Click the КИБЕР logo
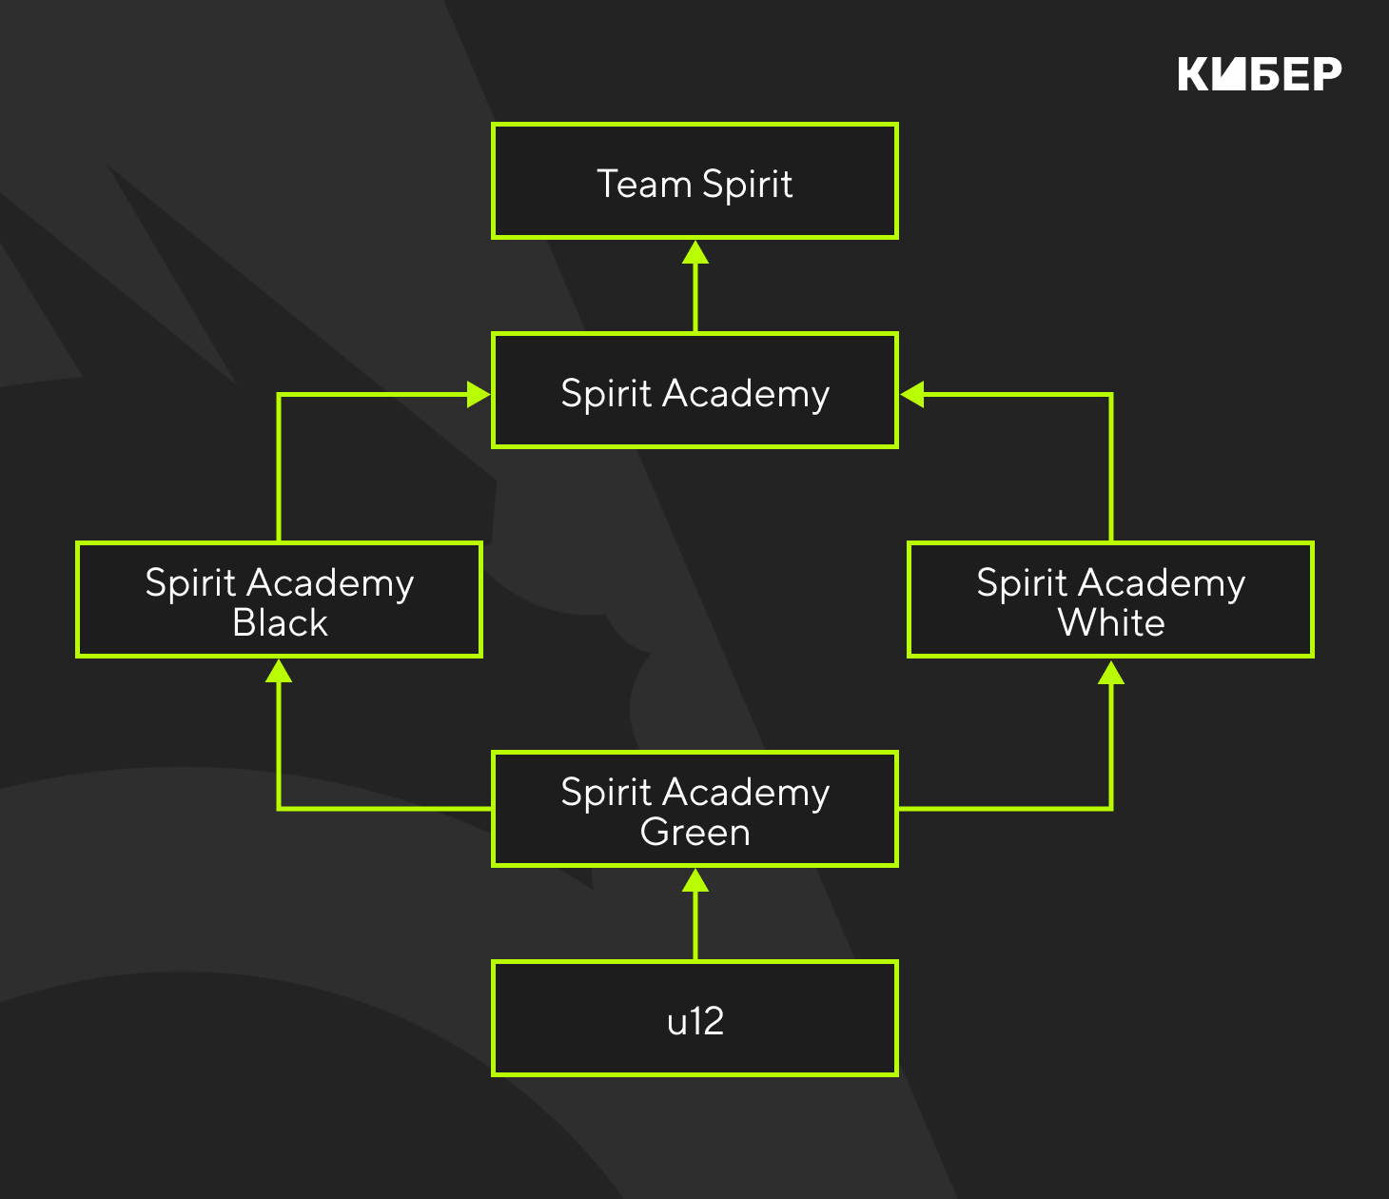pos(1260,74)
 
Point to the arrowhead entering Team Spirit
pos(695,252)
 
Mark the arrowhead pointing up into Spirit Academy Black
pos(279,671)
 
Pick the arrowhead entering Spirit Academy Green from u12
pos(695,880)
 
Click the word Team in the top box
pos(643,184)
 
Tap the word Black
pos(280,623)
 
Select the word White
pos(1111,623)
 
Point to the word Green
pos(695,833)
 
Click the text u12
pos(695,1021)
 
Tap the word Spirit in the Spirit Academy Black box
pos(190,583)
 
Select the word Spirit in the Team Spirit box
pos(747,185)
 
